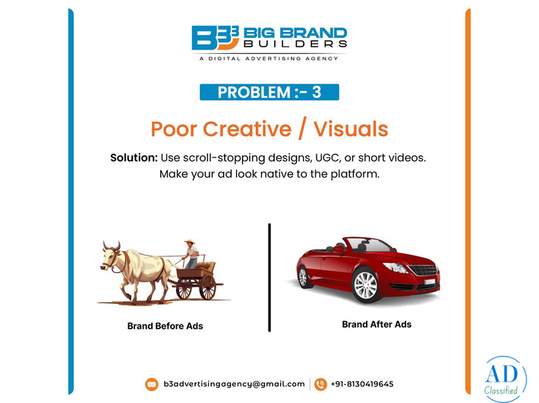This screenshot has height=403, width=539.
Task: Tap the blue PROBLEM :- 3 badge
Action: click(269, 93)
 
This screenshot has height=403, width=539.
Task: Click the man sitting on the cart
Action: click(191, 253)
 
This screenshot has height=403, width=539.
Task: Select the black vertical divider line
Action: click(269, 278)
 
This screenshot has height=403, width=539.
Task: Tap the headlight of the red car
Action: click(398, 267)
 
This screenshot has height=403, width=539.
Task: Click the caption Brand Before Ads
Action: click(165, 326)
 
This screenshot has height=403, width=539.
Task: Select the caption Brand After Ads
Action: click(377, 324)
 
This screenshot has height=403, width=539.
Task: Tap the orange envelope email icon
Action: click(152, 384)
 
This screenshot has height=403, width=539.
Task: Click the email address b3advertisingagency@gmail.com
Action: click(234, 384)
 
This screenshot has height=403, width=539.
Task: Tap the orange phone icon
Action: click(320, 384)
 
